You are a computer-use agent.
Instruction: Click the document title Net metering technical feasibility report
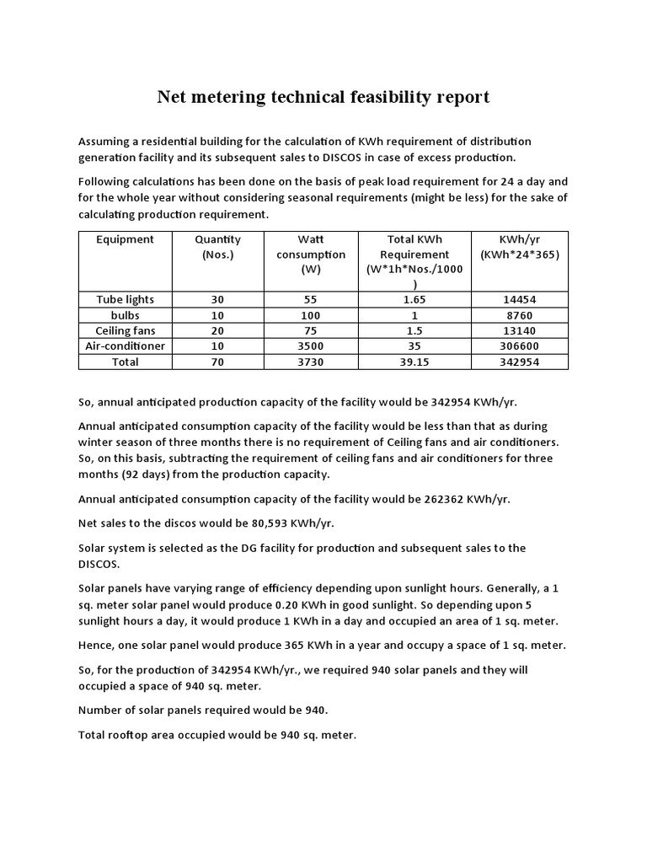323,98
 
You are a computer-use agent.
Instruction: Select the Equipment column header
125,239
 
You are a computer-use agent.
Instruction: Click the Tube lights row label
125,299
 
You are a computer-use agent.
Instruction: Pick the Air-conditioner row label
125,346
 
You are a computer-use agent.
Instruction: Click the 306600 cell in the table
520,346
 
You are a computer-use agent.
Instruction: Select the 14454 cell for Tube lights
520,299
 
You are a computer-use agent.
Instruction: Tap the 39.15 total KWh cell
418,362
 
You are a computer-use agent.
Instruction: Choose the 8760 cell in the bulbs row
520,315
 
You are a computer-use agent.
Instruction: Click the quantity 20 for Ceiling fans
217,330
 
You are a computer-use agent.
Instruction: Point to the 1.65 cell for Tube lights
418,299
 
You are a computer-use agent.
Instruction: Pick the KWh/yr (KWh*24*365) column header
520,247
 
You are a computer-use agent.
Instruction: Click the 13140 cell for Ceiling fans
520,330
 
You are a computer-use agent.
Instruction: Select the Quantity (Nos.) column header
217,247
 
